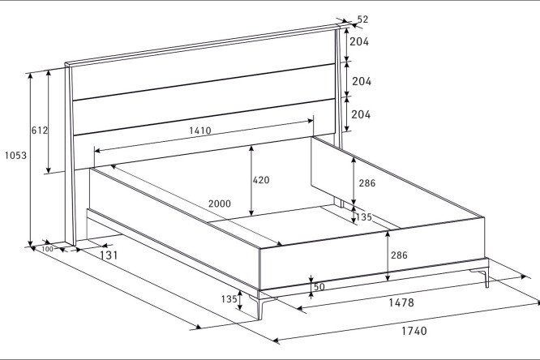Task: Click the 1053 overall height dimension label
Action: (15, 156)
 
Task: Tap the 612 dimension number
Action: (40, 131)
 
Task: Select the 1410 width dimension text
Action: (200, 131)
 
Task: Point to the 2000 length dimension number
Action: (220, 204)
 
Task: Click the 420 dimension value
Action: (261, 180)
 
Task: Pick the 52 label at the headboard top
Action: (362, 19)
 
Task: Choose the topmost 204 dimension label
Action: (359, 41)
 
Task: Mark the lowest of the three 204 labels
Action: (361, 114)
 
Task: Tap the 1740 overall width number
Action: (414, 331)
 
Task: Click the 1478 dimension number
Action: (401, 302)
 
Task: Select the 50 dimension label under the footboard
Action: (319, 287)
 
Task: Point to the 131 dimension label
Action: (109, 255)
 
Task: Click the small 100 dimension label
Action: (48, 249)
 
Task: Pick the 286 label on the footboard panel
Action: (399, 255)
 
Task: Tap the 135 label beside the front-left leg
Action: (229, 299)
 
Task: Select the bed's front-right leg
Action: (483, 277)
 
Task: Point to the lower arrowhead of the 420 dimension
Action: (251, 212)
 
